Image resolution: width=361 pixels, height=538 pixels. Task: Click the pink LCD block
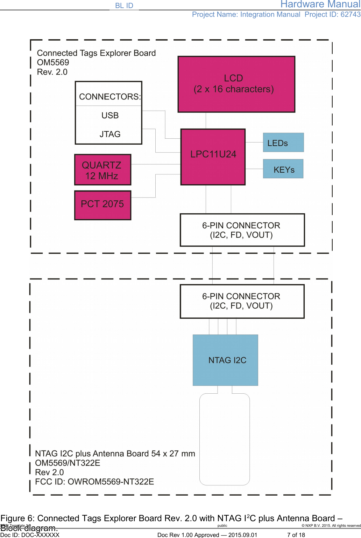[x=236, y=84]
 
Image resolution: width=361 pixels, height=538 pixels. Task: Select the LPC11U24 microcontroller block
[x=213, y=157]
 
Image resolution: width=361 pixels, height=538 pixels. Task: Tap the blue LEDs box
[x=283, y=143]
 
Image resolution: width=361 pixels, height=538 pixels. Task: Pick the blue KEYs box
[x=283, y=169]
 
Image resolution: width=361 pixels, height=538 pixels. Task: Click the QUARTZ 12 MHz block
[x=103, y=170]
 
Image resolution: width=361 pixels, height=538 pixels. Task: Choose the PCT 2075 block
[x=103, y=205]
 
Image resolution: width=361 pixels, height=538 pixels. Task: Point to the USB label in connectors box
[x=110, y=116]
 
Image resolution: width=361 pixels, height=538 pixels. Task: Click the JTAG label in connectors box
[x=110, y=134]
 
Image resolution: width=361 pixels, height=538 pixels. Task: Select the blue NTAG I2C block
[x=226, y=360]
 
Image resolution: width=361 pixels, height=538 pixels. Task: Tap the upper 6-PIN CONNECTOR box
[x=242, y=230]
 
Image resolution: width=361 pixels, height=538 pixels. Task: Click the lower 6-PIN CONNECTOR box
[x=242, y=301]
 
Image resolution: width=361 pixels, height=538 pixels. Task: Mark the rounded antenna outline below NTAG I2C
[x=225, y=440]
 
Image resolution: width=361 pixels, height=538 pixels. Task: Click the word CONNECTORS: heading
[x=110, y=97]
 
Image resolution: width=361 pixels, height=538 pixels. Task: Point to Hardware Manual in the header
[x=320, y=5]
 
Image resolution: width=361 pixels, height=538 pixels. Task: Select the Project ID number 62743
[x=351, y=14]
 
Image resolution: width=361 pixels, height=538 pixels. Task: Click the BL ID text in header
[x=124, y=6]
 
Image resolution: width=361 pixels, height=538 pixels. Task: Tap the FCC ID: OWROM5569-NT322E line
[x=94, y=482]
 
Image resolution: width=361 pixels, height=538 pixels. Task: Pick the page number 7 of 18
[x=296, y=535]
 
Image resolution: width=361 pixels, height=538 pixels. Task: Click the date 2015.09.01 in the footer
[x=242, y=535]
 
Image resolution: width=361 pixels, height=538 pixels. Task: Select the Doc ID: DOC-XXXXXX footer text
[x=30, y=535]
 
